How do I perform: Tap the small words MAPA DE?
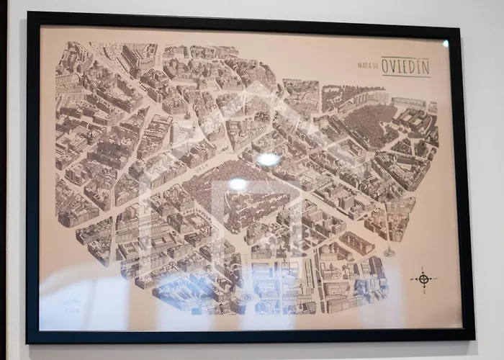point(368,66)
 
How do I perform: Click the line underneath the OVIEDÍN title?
point(405,76)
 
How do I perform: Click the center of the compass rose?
point(423,279)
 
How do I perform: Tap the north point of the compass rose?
point(423,268)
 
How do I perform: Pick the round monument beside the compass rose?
point(390,252)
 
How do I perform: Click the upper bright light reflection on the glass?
point(269,159)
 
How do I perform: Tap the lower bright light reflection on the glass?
point(238,184)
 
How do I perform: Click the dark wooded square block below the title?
point(370,122)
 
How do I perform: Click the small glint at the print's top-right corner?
point(446,43)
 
